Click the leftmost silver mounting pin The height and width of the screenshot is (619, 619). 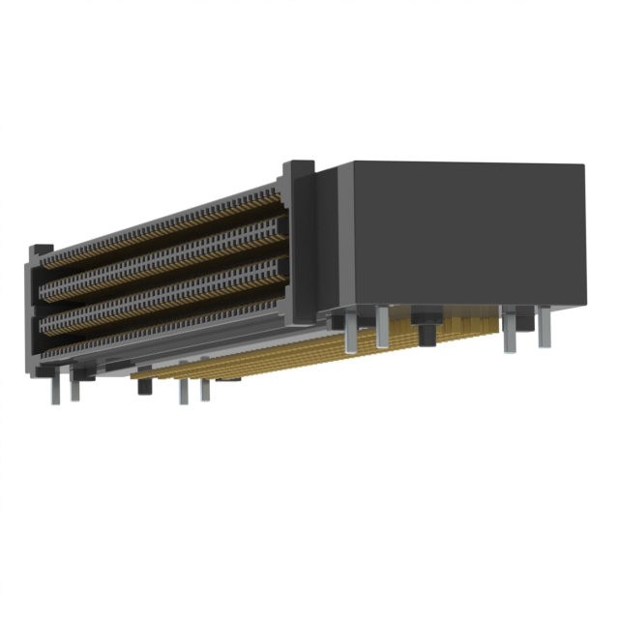point(55,389)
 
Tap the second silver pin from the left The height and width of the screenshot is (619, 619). point(74,388)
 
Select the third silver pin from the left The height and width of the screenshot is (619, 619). point(183,391)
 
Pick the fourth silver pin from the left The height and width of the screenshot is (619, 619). point(204,389)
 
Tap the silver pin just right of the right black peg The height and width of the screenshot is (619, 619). point(510,334)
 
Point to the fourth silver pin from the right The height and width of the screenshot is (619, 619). point(349,334)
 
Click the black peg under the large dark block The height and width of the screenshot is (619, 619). point(426,329)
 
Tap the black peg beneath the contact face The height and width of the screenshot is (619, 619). point(145,384)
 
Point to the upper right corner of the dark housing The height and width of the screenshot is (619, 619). point(583,166)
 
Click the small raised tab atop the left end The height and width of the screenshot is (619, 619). point(41,249)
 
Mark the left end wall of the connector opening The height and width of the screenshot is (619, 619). point(35,309)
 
